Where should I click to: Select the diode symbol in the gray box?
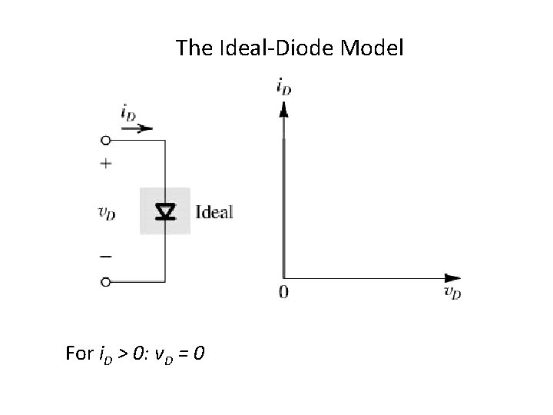point(164,211)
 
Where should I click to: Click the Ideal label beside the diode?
point(214,211)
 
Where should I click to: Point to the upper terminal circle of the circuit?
point(106,141)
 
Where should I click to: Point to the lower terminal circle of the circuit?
point(106,282)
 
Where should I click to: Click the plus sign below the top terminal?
point(106,163)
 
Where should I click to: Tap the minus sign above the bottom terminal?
point(106,256)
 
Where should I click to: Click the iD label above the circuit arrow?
point(129,113)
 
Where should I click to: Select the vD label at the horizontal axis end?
point(452,292)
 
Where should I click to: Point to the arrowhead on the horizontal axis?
point(452,277)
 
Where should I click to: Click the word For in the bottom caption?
point(79,354)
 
